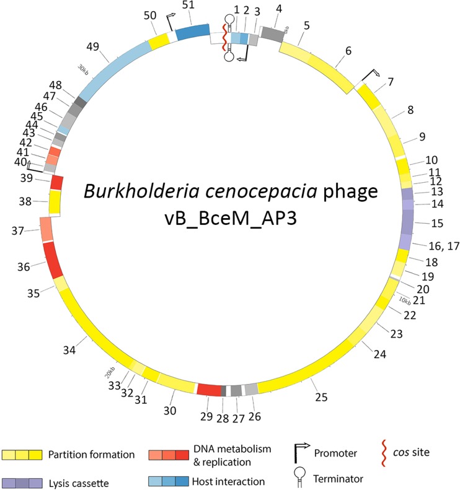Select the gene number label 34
pyautogui.click(x=69, y=350)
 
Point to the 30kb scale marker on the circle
pyautogui.click(x=82, y=71)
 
